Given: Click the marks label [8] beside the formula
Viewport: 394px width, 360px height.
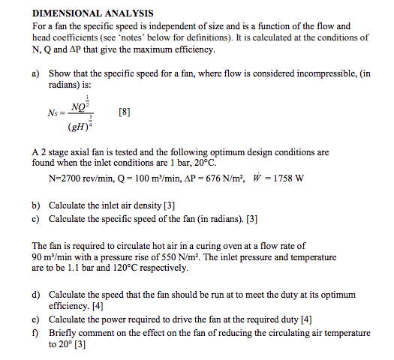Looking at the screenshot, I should point(125,113).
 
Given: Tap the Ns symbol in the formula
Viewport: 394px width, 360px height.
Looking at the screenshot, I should point(53,114).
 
